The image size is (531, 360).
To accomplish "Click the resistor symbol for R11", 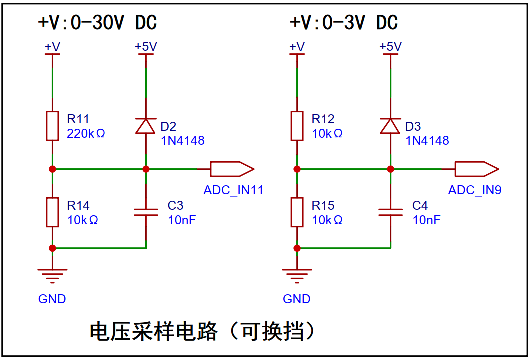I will click(52, 126).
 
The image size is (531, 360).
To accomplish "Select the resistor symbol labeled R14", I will click(52, 212).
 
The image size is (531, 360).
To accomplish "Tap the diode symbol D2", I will click(146, 126).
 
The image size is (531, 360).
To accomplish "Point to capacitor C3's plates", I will click(146, 212).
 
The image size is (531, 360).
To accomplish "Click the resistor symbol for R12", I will click(297, 126).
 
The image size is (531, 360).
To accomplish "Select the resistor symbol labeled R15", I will click(297, 212).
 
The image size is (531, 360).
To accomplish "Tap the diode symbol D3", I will click(390, 126).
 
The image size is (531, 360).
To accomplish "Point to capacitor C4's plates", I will click(390, 212).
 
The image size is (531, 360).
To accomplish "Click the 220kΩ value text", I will click(86, 134).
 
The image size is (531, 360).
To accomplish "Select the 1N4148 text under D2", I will click(182, 141).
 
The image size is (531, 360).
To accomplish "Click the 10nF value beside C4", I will click(426, 220).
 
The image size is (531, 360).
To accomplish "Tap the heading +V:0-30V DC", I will click(97, 23).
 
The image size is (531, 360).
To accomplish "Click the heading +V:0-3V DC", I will click(344, 23).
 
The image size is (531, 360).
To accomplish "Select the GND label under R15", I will click(297, 299).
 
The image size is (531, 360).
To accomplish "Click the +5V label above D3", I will click(390, 46).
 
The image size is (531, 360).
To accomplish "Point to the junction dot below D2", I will click(146, 169).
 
